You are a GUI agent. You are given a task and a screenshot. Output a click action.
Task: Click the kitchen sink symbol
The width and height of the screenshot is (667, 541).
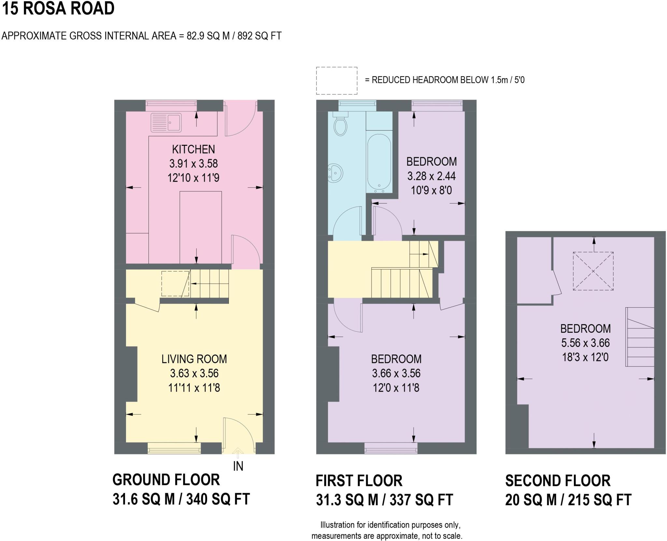166,122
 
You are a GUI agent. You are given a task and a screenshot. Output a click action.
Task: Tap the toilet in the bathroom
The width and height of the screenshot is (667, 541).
341,126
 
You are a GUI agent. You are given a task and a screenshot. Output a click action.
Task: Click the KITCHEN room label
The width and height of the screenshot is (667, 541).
193,149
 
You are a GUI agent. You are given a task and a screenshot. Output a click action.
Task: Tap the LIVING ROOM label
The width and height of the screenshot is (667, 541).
194,359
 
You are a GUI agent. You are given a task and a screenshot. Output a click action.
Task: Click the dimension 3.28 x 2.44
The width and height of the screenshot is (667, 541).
432,176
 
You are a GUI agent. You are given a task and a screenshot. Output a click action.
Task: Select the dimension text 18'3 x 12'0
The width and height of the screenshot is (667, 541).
585,357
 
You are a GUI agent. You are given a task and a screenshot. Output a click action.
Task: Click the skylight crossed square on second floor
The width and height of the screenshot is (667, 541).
593,271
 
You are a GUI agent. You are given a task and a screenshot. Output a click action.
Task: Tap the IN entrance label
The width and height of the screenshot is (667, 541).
238,466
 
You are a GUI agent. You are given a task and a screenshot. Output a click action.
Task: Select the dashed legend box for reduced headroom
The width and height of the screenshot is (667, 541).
336,80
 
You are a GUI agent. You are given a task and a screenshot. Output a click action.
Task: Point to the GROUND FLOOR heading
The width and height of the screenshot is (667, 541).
166,480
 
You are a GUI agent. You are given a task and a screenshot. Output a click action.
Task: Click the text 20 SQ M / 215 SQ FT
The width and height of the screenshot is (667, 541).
568,500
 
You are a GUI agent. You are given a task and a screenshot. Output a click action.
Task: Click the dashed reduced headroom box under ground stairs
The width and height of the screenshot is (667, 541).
175,284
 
